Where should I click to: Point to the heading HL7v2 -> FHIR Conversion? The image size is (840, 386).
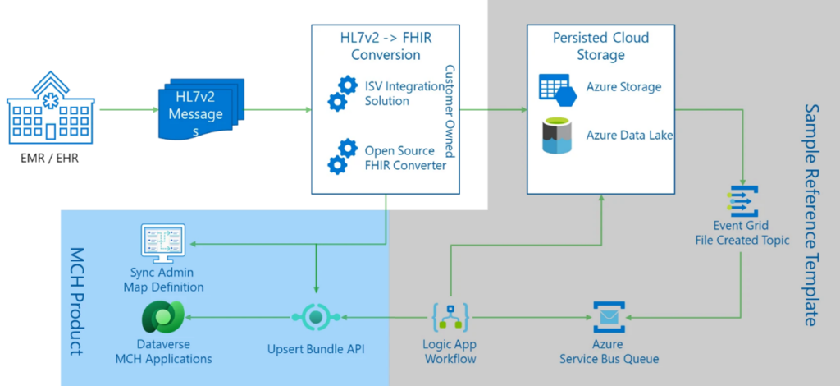386,46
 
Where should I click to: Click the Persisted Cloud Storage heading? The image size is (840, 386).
600,46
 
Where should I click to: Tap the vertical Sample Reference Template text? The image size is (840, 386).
811,214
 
